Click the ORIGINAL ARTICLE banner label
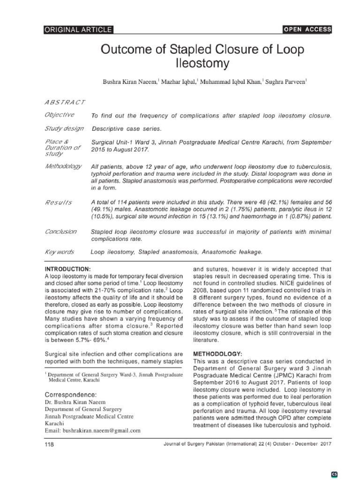tap(78, 30)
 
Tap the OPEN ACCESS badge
tap(307, 30)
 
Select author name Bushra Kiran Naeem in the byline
tap(130, 82)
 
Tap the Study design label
tap(64, 128)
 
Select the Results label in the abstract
tap(58, 202)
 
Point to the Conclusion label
tap(60, 232)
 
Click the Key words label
tap(59, 252)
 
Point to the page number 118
tap(49, 444)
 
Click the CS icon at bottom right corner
tap(348, 473)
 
